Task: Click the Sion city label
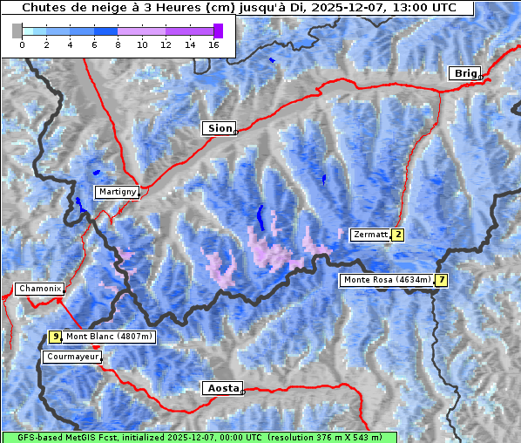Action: point(220,128)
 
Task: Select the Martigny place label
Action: point(116,192)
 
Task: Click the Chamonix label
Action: point(38,289)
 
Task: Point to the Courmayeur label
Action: point(71,357)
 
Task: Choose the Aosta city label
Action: point(220,388)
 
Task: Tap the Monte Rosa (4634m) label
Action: point(386,280)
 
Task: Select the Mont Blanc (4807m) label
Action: point(109,337)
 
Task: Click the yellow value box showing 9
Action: point(55,337)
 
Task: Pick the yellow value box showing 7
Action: point(442,280)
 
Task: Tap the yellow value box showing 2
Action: point(397,235)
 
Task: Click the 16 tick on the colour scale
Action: point(213,44)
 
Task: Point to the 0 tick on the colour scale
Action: point(22,44)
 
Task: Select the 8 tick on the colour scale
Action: point(118,44)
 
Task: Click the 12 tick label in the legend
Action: point(166,44)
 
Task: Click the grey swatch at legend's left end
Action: point(17,31)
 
